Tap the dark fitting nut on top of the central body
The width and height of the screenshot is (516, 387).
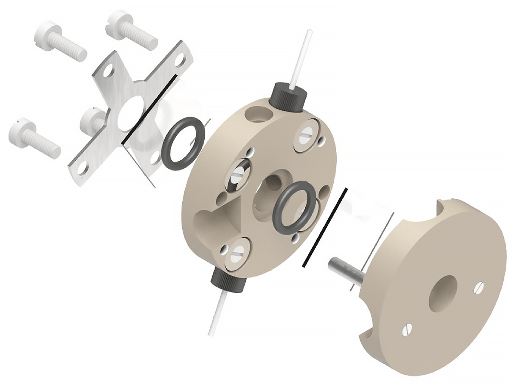289,97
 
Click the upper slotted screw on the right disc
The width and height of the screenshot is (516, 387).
479,287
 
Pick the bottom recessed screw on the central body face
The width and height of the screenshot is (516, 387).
236,253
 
